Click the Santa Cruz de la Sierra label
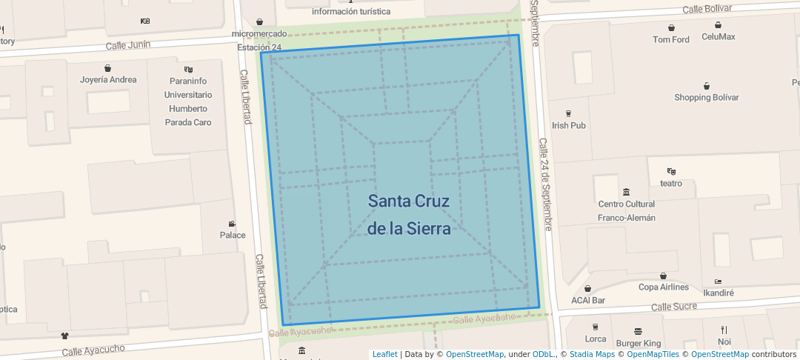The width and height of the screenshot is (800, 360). pyautogui.click(x=409, y=214)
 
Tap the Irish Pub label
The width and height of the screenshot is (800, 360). pyautogui.click(x=569, y=125)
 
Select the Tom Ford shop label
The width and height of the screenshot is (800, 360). pyautogui.click(x=671, y=39)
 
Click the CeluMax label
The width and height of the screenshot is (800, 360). pyautogui.click(x=719, y=36)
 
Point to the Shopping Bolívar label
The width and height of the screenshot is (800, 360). pyautogui.click(x=707, y=97)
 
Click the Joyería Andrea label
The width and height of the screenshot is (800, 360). pyautogui.click(x=108, y=79)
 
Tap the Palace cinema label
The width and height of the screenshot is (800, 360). pyautogui.click(x=233, y=235)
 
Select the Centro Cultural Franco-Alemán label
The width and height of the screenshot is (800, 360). pyautogui.click(x=627, y=210)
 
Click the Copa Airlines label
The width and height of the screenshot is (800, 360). pyautogui.click(x=664, y=287)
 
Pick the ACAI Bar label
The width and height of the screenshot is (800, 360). pyautogui.click(x=588, y=300)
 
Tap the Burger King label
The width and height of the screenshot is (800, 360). pyautogui.click(x=639, y=343)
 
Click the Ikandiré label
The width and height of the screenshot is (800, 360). pyautogui.click(x=719, y=293)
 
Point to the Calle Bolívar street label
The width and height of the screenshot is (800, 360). pyautogui.click(x=707, y=9)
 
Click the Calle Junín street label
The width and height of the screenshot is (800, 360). pyautogui.click(x=127, y=45)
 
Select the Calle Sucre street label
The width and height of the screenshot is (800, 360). pyautogui.click(x=673, y=306)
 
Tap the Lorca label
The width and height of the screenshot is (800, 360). pyautogui.click(x=596, y=339)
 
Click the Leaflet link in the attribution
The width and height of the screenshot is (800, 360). pyautogui.click(x=384, y=354)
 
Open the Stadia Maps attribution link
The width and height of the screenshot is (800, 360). pyautogui.click(x=593, y=354)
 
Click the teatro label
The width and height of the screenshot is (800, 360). pyautogui.click(x=671, y=182)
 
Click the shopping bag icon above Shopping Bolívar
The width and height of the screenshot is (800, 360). pyautogui.click(x=707, y=86)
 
